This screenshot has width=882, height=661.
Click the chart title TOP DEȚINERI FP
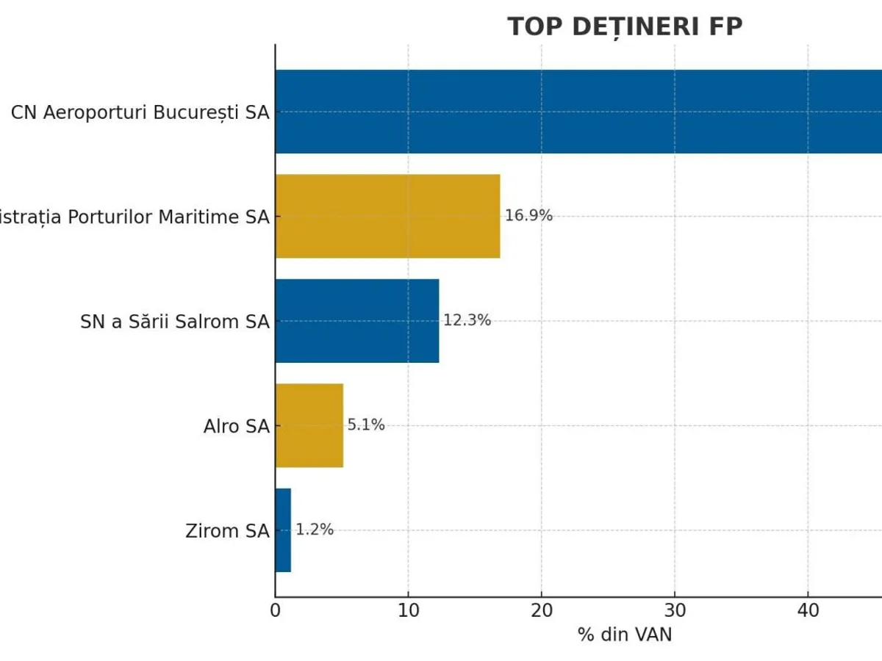(625, 26)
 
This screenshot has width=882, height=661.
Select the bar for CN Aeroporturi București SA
(578, 112)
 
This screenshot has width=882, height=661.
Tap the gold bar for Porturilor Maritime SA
(387, 216)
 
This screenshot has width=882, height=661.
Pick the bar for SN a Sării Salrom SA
(357, 320)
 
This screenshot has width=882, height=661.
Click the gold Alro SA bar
(309, 425)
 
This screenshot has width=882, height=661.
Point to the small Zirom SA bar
(283, 530)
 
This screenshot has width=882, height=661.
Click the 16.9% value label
(528, 216)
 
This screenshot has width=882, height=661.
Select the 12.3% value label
(467, 320)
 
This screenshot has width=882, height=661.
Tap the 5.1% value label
(366, 425)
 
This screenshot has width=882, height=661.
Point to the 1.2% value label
(315, 530)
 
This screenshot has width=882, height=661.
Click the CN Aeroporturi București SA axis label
(140, 113)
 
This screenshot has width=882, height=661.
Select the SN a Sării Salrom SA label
(175, 322)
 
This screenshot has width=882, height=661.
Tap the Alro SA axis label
(237, 426)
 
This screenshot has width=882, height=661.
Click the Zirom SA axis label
(228, 530)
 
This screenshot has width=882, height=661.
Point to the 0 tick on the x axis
(276, 611)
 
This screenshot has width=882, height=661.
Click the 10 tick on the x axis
(409, 611)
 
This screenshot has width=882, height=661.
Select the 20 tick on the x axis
(542, 611)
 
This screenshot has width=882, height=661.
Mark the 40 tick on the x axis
(808, 611)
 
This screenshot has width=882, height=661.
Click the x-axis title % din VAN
(625, 635)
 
